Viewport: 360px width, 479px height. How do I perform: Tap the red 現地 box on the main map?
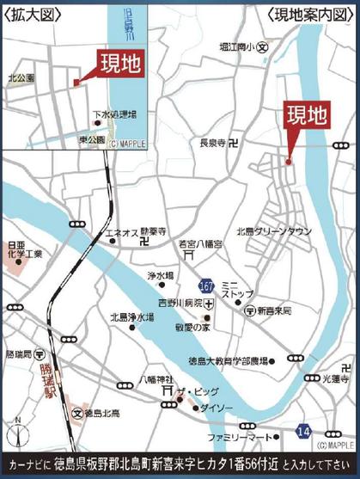pos(307,115)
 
